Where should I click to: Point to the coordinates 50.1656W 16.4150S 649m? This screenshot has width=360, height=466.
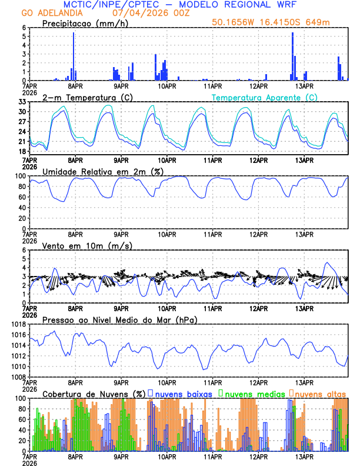tap(279, 22)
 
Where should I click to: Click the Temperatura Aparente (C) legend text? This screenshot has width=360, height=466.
tap(264, 97)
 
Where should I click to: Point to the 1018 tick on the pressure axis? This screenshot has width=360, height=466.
tap(18, 324)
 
